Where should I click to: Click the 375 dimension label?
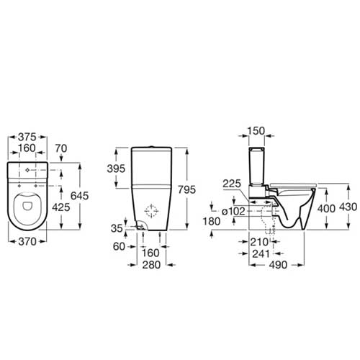pyautogui.click(x=27, y=137)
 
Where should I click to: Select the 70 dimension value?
pyautogui.click(x=61, y=148)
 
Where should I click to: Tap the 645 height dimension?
pyautogui.click(x=80, y=196)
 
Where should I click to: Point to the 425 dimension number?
pyautogui.click(x=61, y=207)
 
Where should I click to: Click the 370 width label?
pyautogui.click(x=27, y=241)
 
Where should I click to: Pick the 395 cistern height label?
pyautogui.click(x=116, y=168)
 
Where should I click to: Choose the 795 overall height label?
pyautogui.click(x=186, y=189)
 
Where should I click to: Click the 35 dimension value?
pyautogui.click(x=117, y=228)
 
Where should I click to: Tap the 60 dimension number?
pyautogui.click(x=119, y=246)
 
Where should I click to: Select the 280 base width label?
pyautogui.click(x=151, y=265)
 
